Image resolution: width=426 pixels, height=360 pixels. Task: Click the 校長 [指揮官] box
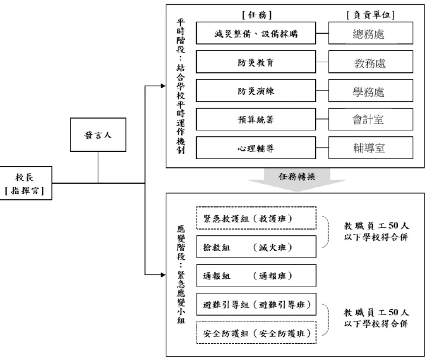(x=25, y=183)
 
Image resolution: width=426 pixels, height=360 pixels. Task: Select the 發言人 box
(x=98, y=135)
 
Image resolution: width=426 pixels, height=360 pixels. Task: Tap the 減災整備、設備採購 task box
(x=256, y=33)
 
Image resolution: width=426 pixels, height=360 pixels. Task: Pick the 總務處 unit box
(x=370, y=33)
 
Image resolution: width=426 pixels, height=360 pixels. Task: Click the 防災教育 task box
(x=256, y=62)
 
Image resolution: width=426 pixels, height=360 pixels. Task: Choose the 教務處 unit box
(x=370, y=62)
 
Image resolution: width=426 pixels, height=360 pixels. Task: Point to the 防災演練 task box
(x=256, y=91)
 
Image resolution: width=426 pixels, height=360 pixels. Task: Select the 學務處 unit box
(x=370, y=91)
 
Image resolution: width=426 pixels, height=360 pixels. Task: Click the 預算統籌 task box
(x=256, y=119)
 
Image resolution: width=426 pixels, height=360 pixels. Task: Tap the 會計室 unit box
(x=370, y=119)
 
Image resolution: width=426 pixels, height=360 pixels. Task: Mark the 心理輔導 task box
(x=256, y=148)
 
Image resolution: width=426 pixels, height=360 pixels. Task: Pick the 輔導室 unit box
(x=370, y=148)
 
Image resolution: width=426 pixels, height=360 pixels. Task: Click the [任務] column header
(x=257, y=15)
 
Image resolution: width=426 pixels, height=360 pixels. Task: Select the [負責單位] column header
(x=370, y=15)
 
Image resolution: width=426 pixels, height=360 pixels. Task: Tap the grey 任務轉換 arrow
(x=297, y=180)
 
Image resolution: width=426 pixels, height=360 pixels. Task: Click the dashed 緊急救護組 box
(x=256, y=218)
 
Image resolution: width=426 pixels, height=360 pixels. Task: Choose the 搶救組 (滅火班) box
(x=256, y=247)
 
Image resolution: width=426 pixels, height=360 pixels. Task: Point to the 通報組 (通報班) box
(x=256, y=275)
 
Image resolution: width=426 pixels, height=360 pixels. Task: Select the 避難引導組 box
(x=256, y=304)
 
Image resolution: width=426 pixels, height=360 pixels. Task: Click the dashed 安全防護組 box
(x=256, y=333)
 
